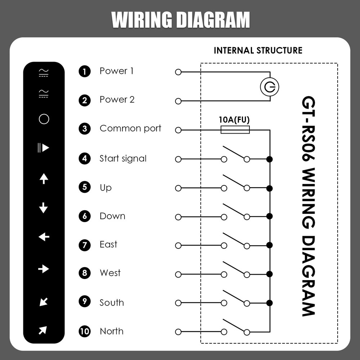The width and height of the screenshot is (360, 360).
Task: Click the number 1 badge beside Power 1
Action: (85, 71)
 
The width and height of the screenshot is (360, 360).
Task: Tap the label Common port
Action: (130, 129)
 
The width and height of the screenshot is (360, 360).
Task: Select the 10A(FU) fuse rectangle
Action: (235, 130)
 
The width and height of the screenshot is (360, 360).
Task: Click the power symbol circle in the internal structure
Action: (270, 87)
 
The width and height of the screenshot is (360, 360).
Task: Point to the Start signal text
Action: (123, 158)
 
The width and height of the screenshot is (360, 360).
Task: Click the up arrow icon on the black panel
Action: (44, 178)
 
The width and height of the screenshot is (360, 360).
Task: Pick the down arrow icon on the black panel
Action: (44, 208)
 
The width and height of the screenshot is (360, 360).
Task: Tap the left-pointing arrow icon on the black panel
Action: (44, 237)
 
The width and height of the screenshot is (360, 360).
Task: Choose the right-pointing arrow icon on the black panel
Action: (44, 269)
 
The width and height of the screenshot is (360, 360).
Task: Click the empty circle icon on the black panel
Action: (44, 119)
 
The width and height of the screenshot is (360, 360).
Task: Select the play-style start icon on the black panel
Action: (43, 148)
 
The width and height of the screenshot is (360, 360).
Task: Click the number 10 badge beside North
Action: (85, 332)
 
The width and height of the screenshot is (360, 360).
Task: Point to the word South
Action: (112, 303)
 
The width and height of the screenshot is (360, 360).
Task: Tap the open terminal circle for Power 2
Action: (178, 101)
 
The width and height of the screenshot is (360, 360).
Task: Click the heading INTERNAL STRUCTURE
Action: (258, 50)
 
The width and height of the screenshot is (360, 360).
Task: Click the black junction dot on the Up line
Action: (269, 188)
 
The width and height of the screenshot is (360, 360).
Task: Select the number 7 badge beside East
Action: (85, 246)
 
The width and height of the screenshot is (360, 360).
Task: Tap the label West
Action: (110, 273)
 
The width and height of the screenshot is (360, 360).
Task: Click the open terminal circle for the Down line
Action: (178, 217)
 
